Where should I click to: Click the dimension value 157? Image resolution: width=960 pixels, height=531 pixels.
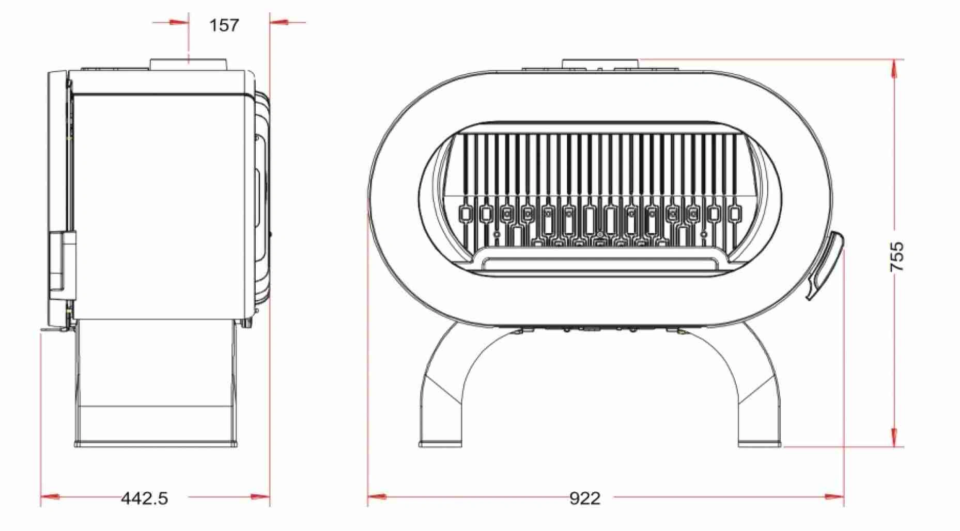click(x=224, y=25)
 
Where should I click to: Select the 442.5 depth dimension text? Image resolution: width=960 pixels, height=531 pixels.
click(x=145, y=498)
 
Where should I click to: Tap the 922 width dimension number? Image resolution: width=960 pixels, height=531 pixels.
click(x=585, y=498)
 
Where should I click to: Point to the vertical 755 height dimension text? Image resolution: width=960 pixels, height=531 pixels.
click(x=897, y=256)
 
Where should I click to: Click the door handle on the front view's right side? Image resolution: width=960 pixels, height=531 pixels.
click(x=825, y=266)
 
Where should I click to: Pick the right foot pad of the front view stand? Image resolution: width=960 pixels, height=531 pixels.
click(x=760, y=443)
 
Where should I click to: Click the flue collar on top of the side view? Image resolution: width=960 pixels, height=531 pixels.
click(x=189, y=64)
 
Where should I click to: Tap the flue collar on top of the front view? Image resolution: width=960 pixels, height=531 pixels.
click(x=600, y=63)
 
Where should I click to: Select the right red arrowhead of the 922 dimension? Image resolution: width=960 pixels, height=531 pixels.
click(x=834, y=497)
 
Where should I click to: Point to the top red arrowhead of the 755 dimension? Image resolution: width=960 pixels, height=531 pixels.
click(x=894, y=69)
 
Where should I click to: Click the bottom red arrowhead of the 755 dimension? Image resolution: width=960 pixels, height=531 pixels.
click(x=894, y=436)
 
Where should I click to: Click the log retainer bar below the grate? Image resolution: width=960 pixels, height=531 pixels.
click(x=599, y=264)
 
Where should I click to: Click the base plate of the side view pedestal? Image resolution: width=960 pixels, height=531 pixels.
click(x=156, y=443)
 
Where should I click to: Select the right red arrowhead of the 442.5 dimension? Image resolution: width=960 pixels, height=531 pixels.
click(x=260, y=497)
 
